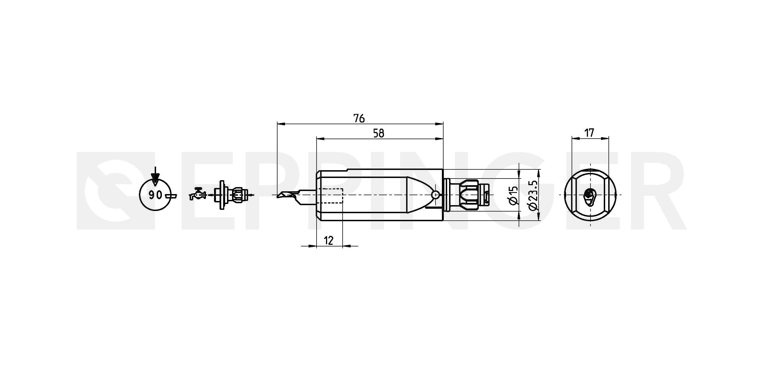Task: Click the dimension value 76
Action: [359, 118]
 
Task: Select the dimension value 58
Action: [379, 133]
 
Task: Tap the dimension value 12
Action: [328, 241]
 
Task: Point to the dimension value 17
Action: [589, 133]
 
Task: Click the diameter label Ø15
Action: [513, 195]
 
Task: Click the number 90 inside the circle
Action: [156, 195]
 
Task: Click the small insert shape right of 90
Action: [172, 196]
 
